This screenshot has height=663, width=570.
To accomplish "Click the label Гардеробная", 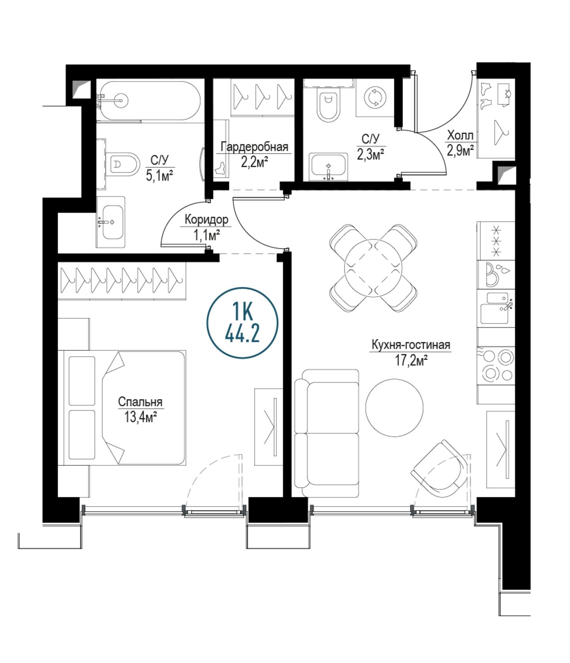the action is tap(254, 147).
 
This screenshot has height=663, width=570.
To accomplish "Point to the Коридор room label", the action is tap(206, 219).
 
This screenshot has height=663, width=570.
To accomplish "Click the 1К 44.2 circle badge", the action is tap(242, 323).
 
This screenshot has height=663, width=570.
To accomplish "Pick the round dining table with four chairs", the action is tap(373, 268).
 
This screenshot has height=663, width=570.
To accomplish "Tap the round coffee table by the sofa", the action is tap(394, 408).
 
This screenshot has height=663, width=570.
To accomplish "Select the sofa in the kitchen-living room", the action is tap(327, 433).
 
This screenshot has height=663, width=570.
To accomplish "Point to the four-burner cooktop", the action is tap(496, 366).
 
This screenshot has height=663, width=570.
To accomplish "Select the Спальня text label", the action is tap(141, 402).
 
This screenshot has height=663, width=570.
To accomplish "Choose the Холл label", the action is tap(460, 136).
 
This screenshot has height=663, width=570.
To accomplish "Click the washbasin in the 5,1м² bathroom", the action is tap(111, 222).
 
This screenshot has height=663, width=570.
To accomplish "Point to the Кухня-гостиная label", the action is tap(410, 345).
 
